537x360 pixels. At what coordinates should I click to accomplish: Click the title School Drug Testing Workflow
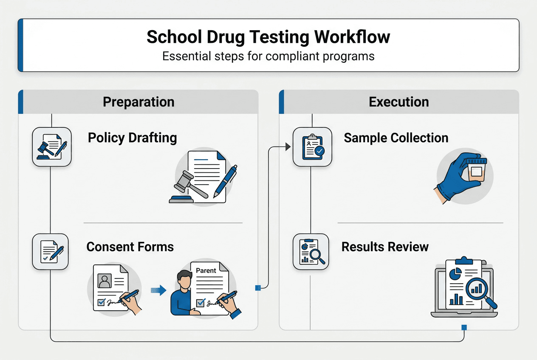(268, 37)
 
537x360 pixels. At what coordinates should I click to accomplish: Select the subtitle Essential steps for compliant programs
(268, 56)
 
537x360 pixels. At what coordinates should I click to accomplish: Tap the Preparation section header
(138, 102)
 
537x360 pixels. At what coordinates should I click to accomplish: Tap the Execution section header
(399, 102)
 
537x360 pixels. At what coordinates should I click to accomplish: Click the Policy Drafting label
(132, 138)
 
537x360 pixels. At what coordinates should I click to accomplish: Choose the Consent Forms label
(130, 247)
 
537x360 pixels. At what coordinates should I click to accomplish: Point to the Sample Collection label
(396, 138)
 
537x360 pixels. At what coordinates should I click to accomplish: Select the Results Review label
(385, 247)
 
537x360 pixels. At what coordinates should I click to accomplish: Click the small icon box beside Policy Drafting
(52, 146)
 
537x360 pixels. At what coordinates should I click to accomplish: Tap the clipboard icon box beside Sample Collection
(312, 146)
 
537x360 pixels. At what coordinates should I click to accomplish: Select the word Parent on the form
(206, 270)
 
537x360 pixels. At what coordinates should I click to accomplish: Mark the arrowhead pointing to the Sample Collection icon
(288, 146)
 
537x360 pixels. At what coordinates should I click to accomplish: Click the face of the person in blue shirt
(183, 281)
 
